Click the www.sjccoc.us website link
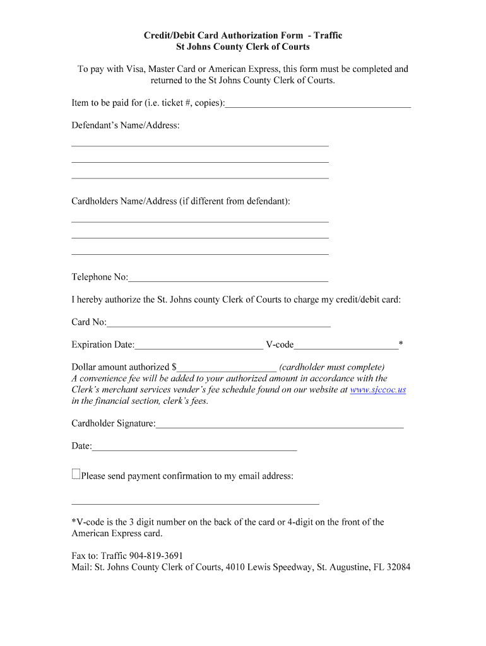point(377,390)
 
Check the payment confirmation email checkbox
point(76,474)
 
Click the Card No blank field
point(218,323)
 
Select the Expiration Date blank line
point(199,345)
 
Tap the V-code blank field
point(346,345)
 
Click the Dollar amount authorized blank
point(227,367)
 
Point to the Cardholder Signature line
point(280,424)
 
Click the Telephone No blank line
point(228,278)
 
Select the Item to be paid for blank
point(318,103)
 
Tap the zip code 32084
point(397,567)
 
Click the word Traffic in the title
point(327,35)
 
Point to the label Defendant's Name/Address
point(126,126)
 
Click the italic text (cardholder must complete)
point(331,367)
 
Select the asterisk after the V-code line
point(401,344)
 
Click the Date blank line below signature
point(194,447)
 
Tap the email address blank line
point(195,502)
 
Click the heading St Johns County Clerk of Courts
point(242,47)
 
